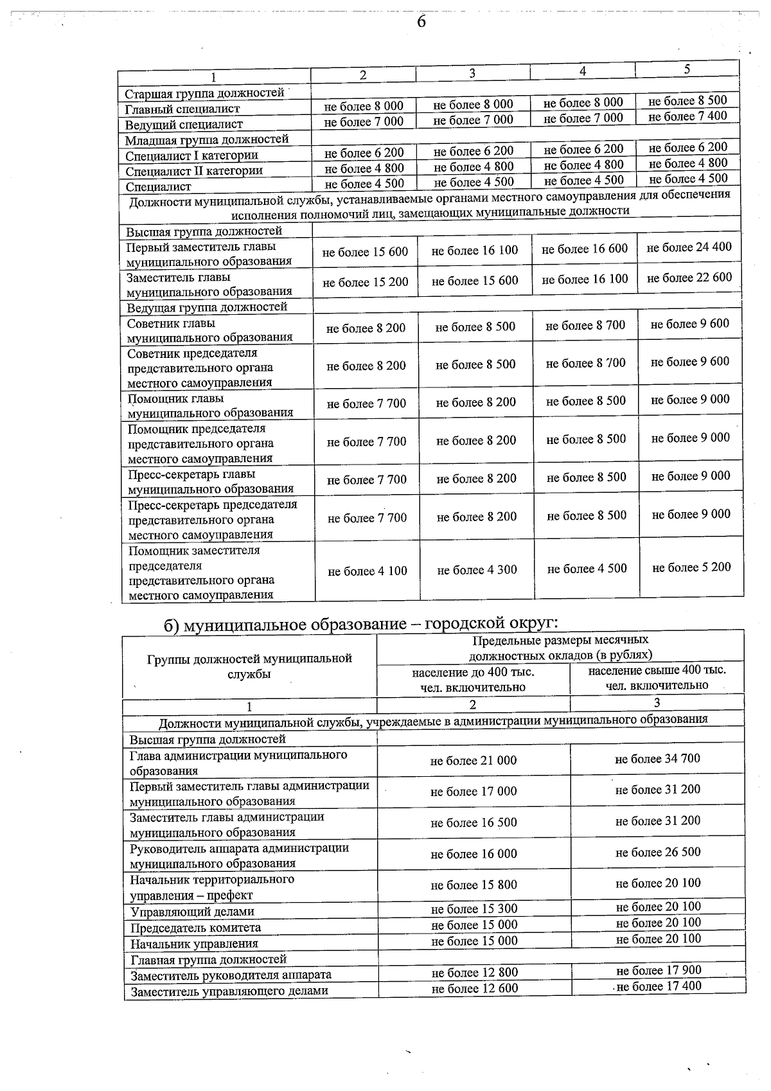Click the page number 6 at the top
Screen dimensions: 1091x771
[421, 22]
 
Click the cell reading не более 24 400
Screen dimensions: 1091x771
[689, 247]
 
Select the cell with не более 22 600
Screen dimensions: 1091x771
[689, 278]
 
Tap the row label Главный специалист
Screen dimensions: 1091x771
[182, 109]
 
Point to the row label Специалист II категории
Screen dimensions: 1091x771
[194, 171]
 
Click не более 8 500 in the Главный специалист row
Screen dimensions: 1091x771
[687, 101]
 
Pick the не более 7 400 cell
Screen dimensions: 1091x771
[687, 116]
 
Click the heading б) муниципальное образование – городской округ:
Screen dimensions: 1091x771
[360, 623]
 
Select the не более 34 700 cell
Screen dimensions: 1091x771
[657, 759]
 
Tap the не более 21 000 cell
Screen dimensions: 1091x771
[474, 761]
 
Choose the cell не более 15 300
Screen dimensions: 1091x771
[474, 909]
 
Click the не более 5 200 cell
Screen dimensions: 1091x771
[691, 567]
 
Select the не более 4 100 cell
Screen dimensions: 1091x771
[368, 571]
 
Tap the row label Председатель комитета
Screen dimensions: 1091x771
[196, 928]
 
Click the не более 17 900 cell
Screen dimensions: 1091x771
[659, 970]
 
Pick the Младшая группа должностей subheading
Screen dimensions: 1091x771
[207, 139]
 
